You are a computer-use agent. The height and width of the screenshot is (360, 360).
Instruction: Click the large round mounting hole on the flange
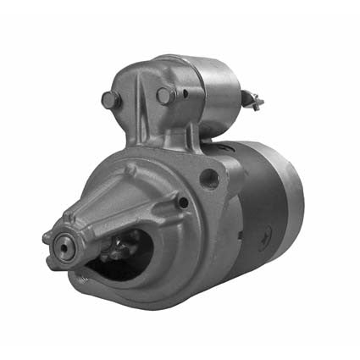pyautogui.click(x=209, y=178)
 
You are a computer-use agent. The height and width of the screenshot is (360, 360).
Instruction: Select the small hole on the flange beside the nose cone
pyautogui.click(x=182, y=202)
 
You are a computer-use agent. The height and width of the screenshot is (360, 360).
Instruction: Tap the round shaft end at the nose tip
pyautogui.click(x=64, y=246)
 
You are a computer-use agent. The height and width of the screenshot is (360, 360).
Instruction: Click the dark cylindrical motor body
pyautogui.click(x=263, y=203)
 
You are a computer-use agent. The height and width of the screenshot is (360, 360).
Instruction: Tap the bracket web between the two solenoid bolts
pyautogui.click(x=136, y=106)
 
